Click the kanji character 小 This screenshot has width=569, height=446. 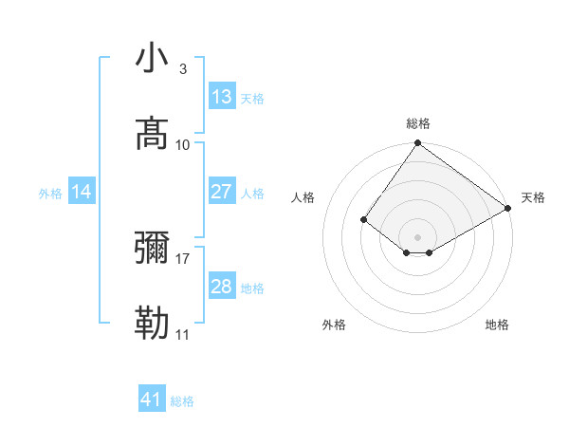pyautogui.click(x=153, y=59)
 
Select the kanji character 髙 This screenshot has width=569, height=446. pyautogui.click(x=153, y=134)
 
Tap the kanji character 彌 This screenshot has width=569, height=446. pyautogui.click(x=153, y=250)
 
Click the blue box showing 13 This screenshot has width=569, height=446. pyautogui.click(x=222, y=97)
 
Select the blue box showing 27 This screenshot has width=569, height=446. pyautogui.click(x=222, y=192)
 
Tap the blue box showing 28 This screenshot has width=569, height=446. pyautogui.click(x=222, y=287)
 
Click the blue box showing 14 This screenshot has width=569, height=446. pyautogui.click(x=82, y=193)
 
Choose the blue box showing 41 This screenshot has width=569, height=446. pyautogui.click(x=152, y=400)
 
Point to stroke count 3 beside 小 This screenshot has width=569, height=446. pyautogui.click(x=182, y=69)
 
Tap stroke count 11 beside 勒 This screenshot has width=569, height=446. pyautogui.click(x=182, y=335)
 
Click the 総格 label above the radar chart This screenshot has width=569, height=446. pyautogui.click(x=418, y=123)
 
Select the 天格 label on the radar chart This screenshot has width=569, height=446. pyautogui.click(x=533, y=197)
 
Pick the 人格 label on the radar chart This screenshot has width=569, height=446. pyautogui.click(x=303, y=197)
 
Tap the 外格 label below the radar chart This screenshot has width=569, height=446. pyautogui.click(x=334, y=325)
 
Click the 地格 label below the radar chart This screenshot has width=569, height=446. pyautogui.click(x=497, y=325)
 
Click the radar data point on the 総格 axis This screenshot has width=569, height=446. pyautogui.click(x=418, y=144)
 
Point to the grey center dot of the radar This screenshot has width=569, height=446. pyautogui.click(x=418, y=236)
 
